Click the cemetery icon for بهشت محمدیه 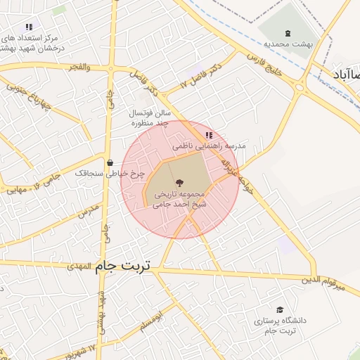pos(288,33)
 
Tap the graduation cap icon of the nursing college pos(281,310)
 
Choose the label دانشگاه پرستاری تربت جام pos(281,326)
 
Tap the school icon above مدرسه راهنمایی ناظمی pos(208,134)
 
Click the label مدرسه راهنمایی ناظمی pos(210,145)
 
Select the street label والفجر pos(79,67)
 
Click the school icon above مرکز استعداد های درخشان pos(29,27)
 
